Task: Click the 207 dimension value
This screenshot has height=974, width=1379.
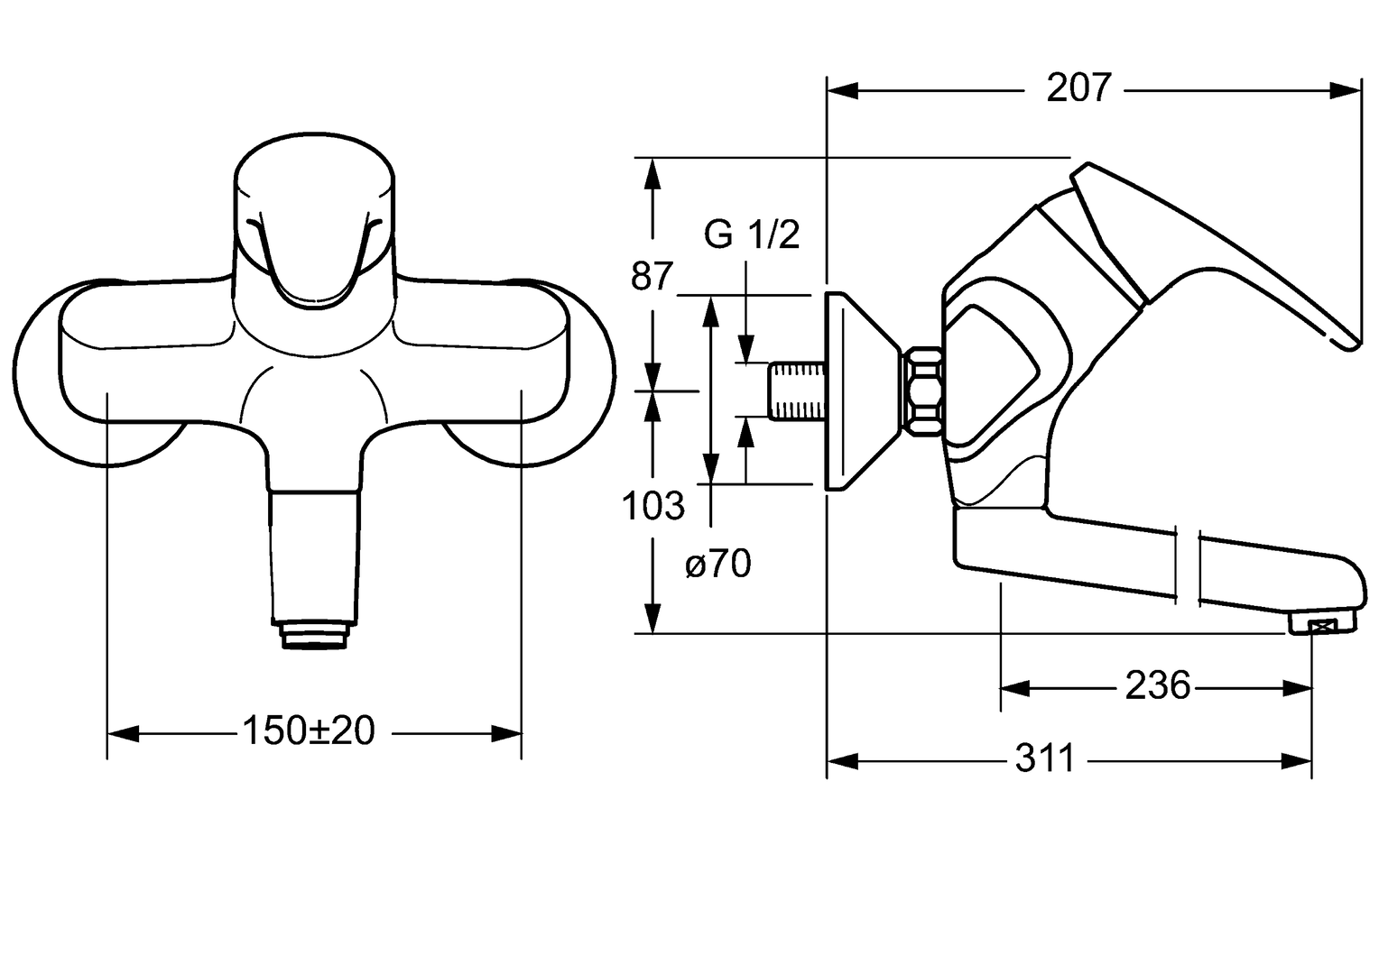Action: click(x=1078, y=88)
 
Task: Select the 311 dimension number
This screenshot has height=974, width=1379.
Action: click(x=1045, y=758)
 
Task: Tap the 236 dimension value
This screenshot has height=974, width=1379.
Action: click(x=1157, y=685)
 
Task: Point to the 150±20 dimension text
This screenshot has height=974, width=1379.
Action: click(x=309, y=731)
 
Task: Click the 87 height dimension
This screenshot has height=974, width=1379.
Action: click(x=652, y=276)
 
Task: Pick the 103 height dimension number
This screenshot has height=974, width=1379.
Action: click(x=652, y=506)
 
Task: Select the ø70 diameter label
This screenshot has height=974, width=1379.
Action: click(x=717, y=564)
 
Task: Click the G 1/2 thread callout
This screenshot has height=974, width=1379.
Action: click(x=752, y=234)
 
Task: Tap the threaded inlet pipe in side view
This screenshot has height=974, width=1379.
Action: click(x=796, y=391)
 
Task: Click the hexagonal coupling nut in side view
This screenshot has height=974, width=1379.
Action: click(x=921, y=392)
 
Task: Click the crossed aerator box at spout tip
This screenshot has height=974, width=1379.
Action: click(x=1322, y=629)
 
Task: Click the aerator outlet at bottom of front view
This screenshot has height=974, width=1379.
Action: click(x=315, y=635)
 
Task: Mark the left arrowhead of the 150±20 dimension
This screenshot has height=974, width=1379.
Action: click(x=123, y=733)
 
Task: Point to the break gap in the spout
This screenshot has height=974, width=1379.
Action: click(x=1188, y=565)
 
